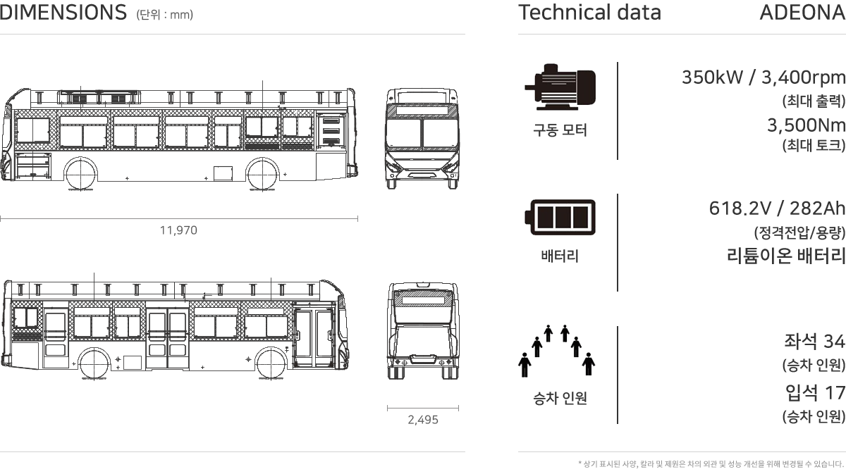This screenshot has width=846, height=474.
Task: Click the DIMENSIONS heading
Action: [x=63, y=13]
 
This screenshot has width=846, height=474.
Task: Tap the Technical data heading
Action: [x=589, y=13]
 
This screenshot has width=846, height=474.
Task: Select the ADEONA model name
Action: [x=802, y=13]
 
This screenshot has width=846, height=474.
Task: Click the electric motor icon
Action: [x=560, y=87]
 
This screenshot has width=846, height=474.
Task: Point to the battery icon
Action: [x=560, y=218]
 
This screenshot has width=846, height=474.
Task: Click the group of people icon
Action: [x=557, y=351]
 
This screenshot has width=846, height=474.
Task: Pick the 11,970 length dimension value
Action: [x=178, y=230]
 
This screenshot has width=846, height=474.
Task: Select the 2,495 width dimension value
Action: [x=423, y=420]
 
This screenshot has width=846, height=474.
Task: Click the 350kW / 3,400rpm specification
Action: [x=764, y=77]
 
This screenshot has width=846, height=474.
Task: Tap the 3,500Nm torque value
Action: [x=806, y=125]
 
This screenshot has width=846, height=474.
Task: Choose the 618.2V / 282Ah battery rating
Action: [x=777, y=208]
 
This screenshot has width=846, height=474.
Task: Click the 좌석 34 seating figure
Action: [x=814, y=341]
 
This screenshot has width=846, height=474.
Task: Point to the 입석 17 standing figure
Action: [x=815, y=392]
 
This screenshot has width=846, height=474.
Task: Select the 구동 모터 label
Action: [x=560, y=130]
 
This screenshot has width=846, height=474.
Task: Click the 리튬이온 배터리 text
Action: [x=786, y=256]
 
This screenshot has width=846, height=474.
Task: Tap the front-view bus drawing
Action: [x=422, y=139]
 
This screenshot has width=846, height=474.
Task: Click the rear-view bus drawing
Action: [x=423, y=330]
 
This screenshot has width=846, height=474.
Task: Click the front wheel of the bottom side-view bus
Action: [x=271, y=363]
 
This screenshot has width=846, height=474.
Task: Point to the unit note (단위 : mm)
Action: [x=165, y=15]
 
